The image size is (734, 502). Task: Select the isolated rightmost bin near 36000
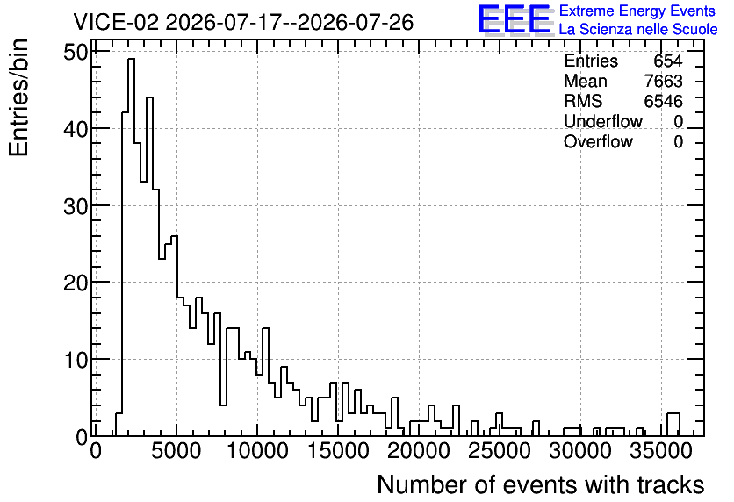pos(673,425)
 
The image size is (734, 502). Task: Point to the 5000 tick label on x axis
pos(177,451)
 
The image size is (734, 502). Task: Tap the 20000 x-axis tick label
pos(420,451)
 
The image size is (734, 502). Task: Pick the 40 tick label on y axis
pos(76,129)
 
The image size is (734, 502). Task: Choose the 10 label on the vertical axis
pos(76,360)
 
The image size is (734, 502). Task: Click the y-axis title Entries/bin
pos(18,97)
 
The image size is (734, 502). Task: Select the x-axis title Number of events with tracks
pos(541,484)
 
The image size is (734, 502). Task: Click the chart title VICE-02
pos(116,22)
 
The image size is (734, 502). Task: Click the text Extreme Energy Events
pos(637,11)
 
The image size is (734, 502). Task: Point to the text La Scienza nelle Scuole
pos(638,29)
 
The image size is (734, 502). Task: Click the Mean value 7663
pos(663,81)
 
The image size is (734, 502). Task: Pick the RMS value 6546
pos(663,101)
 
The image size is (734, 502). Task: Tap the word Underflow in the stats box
pos(603,121)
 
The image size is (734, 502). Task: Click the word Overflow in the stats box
pos(598,141)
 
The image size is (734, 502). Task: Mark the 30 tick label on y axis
pos(76,206)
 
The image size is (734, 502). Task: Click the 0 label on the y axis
pos(82,437)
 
